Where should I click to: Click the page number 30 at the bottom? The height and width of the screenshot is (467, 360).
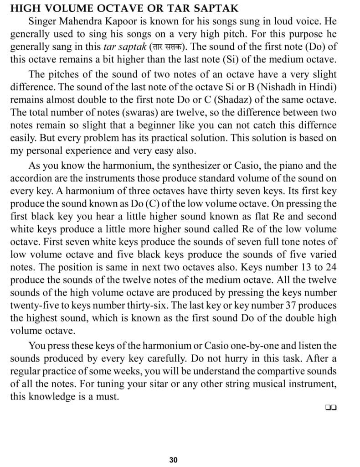tap(173, 460)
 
